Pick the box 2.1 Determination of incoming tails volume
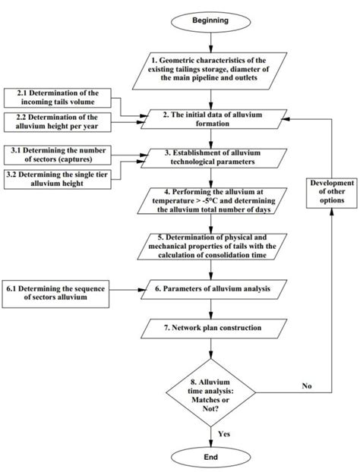point(56,97)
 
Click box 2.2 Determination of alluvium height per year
point(56,121)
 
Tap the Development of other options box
point(333,191)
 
